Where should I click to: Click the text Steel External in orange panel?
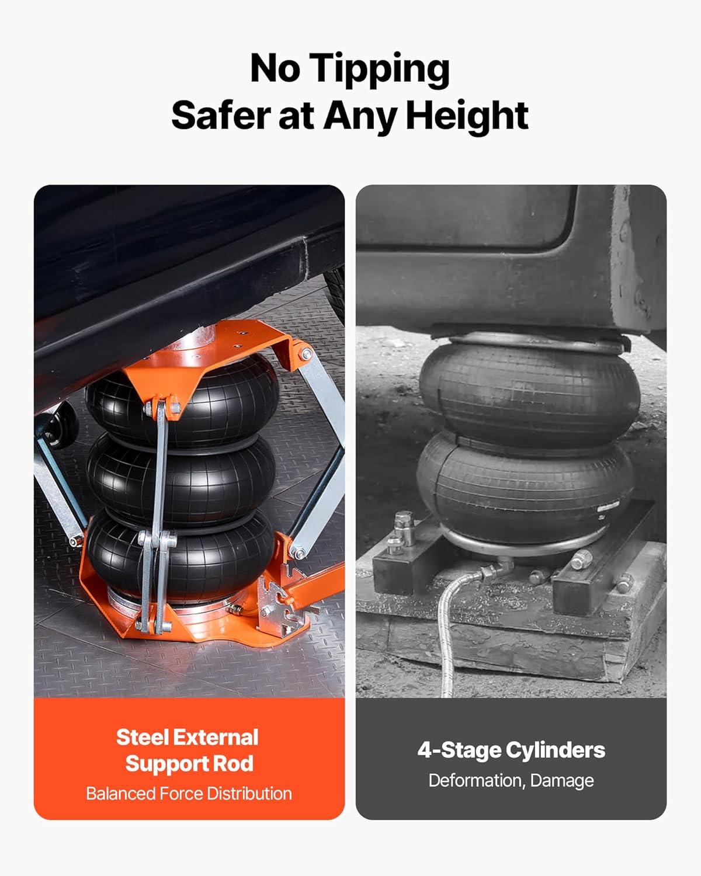click(188, 737)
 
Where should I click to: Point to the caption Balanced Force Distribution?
click(189, 794)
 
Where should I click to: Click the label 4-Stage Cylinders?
click(511, 750)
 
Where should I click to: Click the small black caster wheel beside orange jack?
click(61, 425)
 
